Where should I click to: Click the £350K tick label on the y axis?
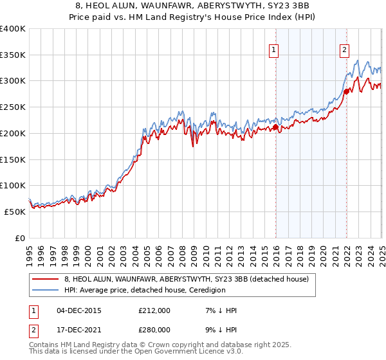13,55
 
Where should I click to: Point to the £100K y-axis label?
13,186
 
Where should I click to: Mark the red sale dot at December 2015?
275,127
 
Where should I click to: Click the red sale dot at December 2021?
346,91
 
